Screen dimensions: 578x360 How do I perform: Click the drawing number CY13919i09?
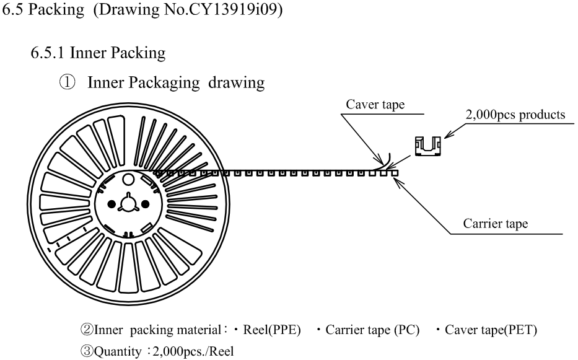tap(234, 9)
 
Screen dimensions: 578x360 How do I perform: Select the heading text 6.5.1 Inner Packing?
tap(98, 53)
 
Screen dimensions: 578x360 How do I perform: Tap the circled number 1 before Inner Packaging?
tap(67, 82)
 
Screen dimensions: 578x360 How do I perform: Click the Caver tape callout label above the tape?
tap(375, 104)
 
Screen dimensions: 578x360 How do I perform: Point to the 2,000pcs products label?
tap(515, 115)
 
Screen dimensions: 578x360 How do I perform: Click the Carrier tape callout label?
tap(496, 224)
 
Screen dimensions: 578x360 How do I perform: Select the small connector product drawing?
tap(428, 146)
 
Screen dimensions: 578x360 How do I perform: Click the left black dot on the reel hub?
tap(112, 204)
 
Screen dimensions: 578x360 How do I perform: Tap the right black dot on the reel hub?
tap(145, 204)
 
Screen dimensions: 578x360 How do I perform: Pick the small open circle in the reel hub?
tap(128, 180)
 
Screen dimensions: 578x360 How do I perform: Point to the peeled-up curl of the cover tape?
tap(387, 161)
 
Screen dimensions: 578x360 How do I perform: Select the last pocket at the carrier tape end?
tap(395, 173)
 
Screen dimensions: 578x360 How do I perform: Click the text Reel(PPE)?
tap(272, 330)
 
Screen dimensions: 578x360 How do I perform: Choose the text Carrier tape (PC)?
tap(372, 330)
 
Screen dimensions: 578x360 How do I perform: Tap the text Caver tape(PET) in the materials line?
tap(491, 330)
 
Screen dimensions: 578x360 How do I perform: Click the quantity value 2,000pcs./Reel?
tap(193, 351)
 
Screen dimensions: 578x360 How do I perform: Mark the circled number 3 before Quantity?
tap(87, 351)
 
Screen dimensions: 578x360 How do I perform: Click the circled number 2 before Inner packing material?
tap(87, 330)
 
